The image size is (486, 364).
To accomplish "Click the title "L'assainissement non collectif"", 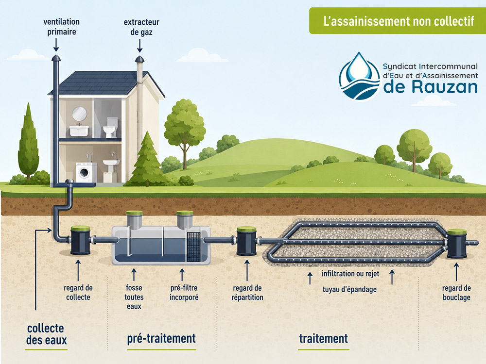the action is (399, 21).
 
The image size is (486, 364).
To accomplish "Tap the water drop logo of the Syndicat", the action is (360, 76).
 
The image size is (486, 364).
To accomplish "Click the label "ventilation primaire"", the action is (61, 27).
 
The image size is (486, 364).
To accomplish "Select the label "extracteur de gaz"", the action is (141, 27).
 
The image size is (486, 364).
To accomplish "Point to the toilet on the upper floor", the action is (110, 127).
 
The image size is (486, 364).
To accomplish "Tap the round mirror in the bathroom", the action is (79, 114).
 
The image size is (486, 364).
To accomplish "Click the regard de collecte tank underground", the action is (81, 241).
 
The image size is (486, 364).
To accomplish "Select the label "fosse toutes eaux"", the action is (134, 297).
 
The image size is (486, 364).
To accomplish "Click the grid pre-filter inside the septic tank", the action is (194, 248).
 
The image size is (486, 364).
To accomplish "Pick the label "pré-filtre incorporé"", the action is (184, 293).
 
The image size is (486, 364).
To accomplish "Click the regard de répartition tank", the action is (247, 241).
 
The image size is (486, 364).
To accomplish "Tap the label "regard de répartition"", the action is (247, 293).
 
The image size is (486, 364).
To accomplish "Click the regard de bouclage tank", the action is (457, 244).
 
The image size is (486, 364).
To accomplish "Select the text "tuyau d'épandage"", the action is (349, 289).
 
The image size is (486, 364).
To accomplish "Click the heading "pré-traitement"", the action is (161, 339).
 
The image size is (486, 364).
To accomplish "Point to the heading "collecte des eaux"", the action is (46, 334).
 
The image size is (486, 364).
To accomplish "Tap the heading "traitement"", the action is (324, 339).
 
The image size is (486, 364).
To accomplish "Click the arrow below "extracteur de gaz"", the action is (140, 46).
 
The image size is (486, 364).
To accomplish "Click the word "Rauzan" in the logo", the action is (445, 87).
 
